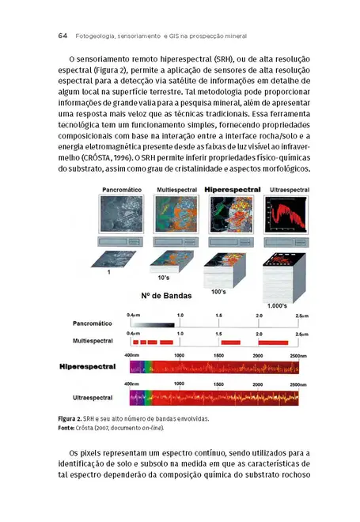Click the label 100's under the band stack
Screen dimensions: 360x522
218,292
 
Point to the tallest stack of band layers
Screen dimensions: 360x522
283,277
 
